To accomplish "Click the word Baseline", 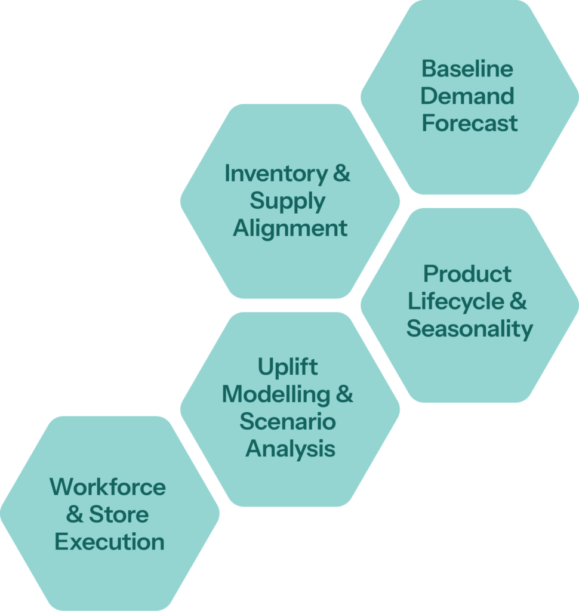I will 467,69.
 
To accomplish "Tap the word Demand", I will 467,96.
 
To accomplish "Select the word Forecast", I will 469,124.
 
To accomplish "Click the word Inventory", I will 276,174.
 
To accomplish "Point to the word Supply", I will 288,202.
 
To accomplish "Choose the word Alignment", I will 290,229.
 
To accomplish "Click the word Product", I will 467,274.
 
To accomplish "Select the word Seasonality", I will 470,329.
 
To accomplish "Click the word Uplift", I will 288,368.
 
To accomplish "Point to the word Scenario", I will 288,422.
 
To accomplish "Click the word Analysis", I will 290,449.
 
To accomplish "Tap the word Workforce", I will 107,487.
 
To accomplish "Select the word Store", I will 119,514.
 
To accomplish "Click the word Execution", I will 109,542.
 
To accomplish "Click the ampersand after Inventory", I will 341,174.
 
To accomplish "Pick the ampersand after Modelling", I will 344,394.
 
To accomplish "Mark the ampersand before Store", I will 75,514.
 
